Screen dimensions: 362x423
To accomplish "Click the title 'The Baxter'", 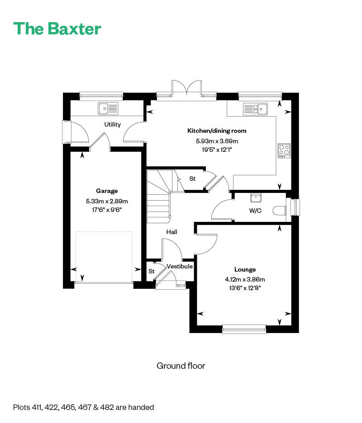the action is click(x=57, y=28).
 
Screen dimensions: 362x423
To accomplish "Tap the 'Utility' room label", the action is click(x=112, y=124).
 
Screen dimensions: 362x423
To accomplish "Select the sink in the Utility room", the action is click(x=108, y=108).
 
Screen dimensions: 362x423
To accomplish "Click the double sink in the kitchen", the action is click(x=255, y=109).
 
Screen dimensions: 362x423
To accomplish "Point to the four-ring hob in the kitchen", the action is click(x=284, y=150).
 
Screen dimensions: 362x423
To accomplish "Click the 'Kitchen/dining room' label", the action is click(x=217, y=131).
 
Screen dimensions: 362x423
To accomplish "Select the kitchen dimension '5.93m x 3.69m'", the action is click(x=217, y=141).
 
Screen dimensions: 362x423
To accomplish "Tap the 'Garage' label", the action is click(x=107, y=191).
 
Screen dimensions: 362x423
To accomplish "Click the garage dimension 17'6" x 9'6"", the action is click(x=107, y=210).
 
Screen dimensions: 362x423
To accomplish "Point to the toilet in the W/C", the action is click(x=279, y=211).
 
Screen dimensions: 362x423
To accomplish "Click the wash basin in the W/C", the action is click(x=256, y=198).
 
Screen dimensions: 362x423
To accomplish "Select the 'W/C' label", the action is click(x=255, y=211).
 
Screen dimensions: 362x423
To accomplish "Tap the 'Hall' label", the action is click(x=172, y=232).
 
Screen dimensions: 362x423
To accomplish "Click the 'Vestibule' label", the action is click(x=180, y=266).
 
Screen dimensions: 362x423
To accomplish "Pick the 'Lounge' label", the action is click(x=245, y=269).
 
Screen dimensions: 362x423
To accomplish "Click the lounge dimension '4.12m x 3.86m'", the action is click(x=245, y=279).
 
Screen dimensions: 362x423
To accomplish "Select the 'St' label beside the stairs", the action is click(x=192, y=179).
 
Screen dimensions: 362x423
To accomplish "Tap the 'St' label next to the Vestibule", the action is click(x=152, y=271).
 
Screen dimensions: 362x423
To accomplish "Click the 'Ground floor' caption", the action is click(x=181, y=366).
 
